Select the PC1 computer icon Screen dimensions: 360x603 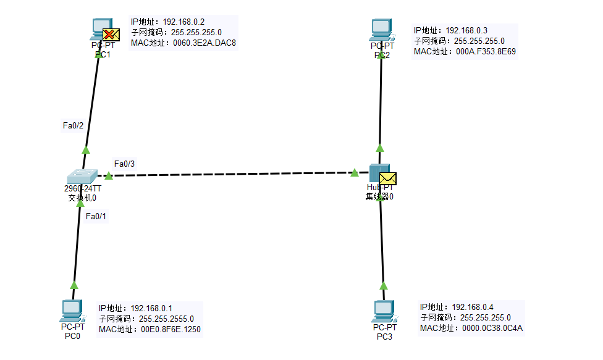100,28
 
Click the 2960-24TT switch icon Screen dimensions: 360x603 82,175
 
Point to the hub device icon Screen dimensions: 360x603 379,174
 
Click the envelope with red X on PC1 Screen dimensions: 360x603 111,35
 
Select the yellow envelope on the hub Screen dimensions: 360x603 388,178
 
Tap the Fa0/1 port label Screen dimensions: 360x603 96,216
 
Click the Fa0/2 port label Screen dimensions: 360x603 73,125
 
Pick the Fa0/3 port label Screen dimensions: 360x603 124,164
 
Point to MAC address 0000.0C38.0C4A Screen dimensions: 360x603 492,328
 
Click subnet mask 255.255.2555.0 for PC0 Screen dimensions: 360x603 166,319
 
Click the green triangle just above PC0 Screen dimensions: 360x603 74,285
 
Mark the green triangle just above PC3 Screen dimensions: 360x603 383,285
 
